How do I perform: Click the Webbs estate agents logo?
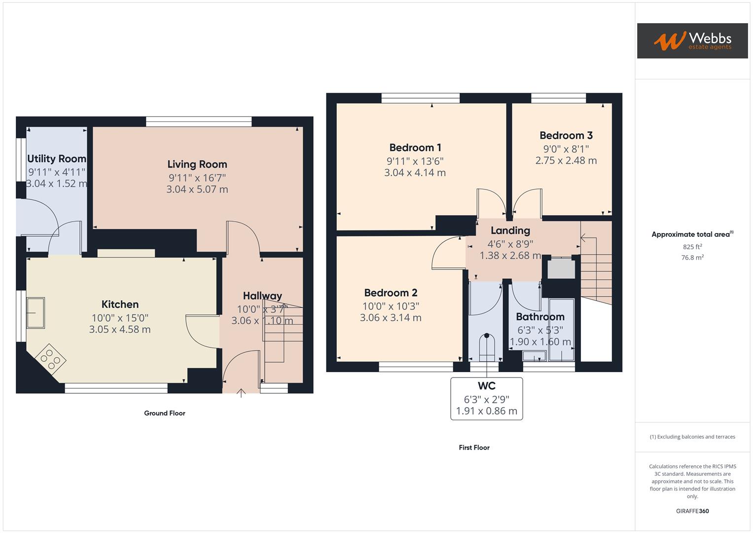692,40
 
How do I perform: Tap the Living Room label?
197,164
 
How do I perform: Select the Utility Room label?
57,158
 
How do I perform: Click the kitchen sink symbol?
36,313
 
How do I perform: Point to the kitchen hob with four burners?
50,360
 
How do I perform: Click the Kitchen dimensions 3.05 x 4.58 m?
120,329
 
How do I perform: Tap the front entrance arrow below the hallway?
241,393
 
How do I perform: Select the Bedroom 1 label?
415,148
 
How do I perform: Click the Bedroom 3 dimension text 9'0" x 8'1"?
566,149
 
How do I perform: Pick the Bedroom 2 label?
391,293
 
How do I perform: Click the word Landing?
510,230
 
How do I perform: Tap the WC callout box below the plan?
486,399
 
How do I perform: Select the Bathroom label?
540,317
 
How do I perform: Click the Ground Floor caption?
164,413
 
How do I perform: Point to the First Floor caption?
474,448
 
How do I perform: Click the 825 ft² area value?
692,247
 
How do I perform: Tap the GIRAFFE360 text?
692,511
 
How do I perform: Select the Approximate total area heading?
692,234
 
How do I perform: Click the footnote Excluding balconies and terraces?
692,437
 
